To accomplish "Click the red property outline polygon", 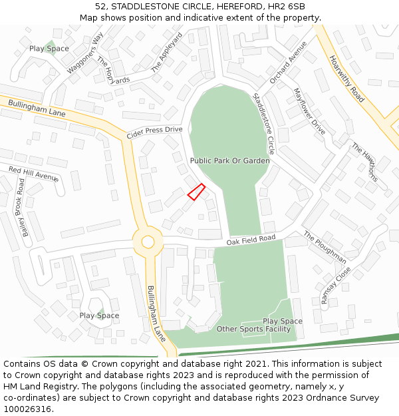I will [196, 192].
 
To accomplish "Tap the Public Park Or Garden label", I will [229, 161].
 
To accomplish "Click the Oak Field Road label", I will [251, 239].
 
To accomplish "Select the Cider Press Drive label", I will [154, 132].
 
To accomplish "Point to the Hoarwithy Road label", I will [346, 78].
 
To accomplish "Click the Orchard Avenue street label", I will [288, 63].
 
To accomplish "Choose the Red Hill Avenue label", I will [34, 174].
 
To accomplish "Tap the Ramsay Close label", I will [336, 286].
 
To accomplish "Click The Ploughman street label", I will [325, 247].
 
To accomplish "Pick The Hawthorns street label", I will [364, 162].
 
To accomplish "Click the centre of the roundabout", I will [148, 242].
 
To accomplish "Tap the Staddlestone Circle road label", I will [263, 124].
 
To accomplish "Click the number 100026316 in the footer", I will [28, 409].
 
